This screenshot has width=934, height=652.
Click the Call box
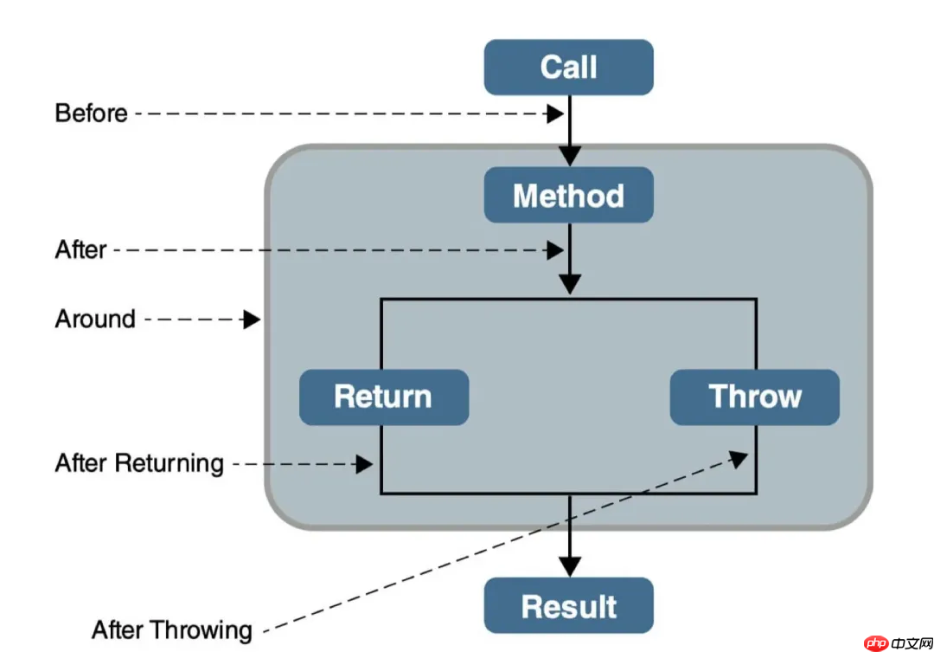coord(568,67)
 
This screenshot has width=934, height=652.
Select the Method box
coord(568,195)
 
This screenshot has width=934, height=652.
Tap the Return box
coord(383,397)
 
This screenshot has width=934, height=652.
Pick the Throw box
coord(755,397)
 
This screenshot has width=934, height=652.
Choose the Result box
coord(568,606)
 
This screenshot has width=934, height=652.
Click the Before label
coord(91,113)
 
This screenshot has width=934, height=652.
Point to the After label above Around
coord(80,249)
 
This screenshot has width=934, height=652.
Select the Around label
coord(95,319)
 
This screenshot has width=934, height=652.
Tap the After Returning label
coord(139,463)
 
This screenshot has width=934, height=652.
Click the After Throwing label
coord(171,629)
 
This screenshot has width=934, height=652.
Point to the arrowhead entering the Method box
coord(569,156)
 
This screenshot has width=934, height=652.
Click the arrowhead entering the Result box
coord(569,566)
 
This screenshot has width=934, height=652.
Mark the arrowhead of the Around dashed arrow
coord(252,320)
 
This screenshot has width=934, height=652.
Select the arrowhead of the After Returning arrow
coord(364,464)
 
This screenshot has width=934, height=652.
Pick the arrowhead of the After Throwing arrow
coord(739,457)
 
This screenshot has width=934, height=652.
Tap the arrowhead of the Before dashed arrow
coord(554,113)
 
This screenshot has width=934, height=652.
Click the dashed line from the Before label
coord(337,113)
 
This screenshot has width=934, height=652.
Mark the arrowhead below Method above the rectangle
coord(569,284)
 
